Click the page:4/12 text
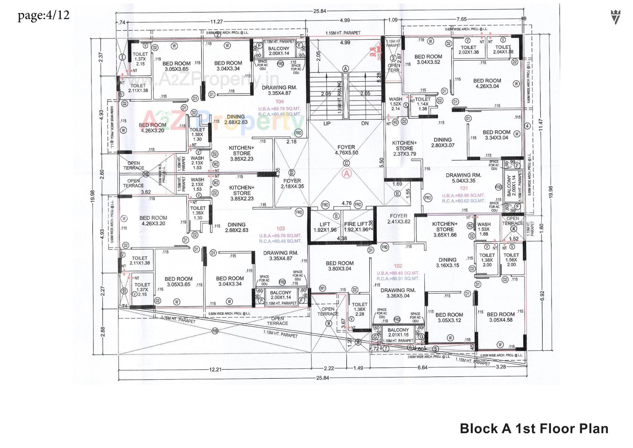[x=44, y=15]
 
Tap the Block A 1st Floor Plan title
[x=534, y=429]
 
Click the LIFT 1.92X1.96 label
[x=325, y=227]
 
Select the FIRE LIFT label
[x=356, y=224]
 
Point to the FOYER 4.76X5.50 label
[x=346, y=150]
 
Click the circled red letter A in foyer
[x=347, y=174]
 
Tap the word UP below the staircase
[x=327, y=123]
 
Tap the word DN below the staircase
[x=365, y=123]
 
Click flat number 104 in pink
[x=280, y=102]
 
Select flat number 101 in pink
[x=464, y=189]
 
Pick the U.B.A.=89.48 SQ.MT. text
[x=398, y=273]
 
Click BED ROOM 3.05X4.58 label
[x=500, y=317]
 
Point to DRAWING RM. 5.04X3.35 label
[x=463, y=178]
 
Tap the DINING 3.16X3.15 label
[x=447, y=262]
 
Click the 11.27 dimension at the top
[x=216, y=22]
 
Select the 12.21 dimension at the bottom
[x=215, y=369]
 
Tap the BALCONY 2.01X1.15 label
[x=398, y=332]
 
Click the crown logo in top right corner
[x=615, y=17]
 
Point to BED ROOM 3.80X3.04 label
[x=340, y=266]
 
